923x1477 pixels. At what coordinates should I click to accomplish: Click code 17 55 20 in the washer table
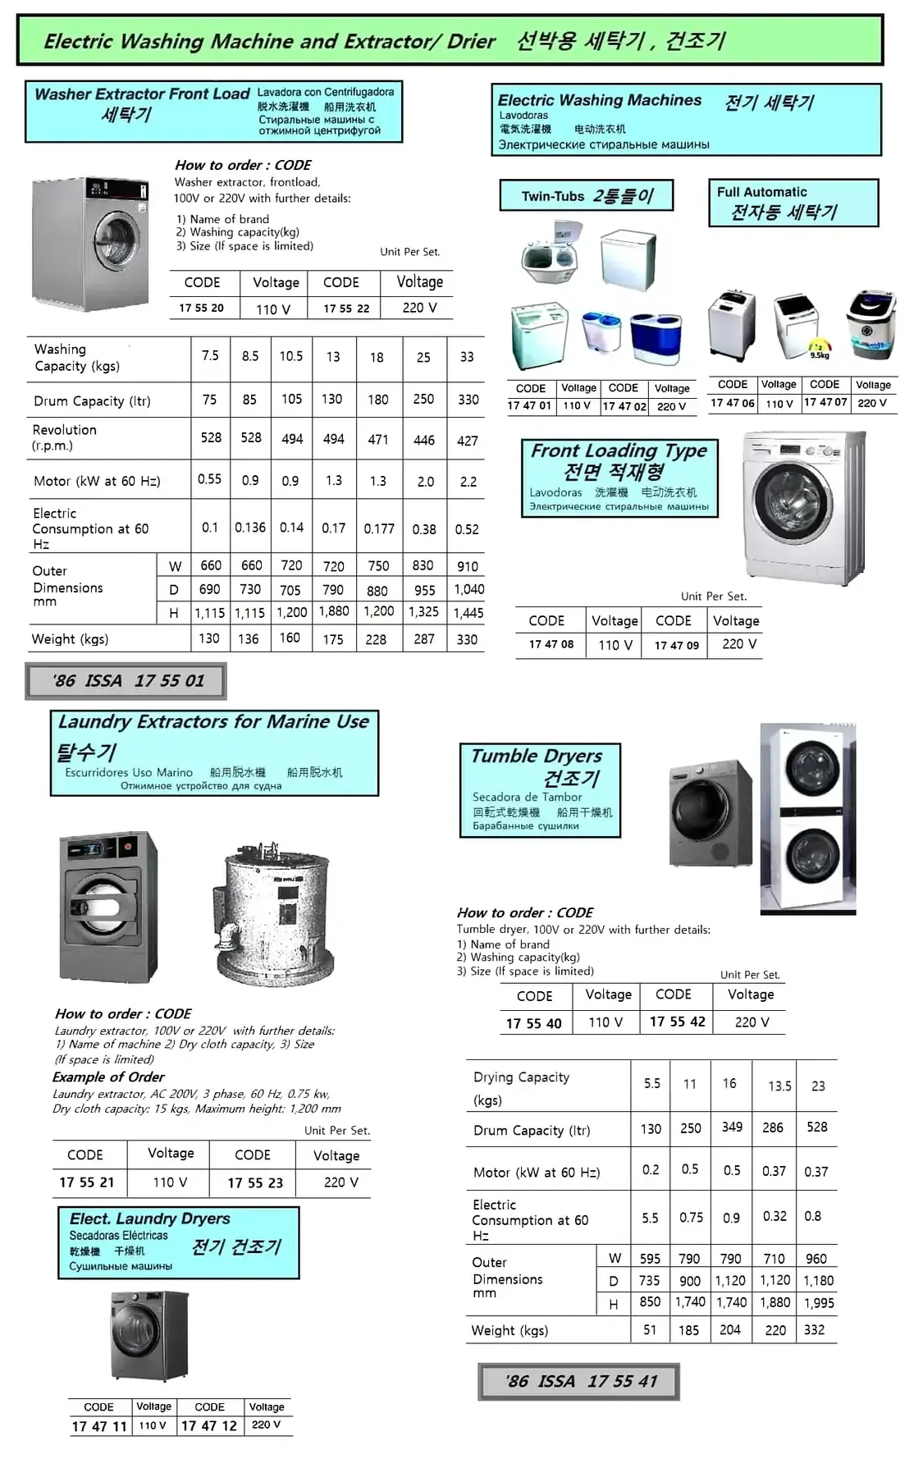(201, 308)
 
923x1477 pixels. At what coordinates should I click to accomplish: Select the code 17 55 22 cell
(346, 309)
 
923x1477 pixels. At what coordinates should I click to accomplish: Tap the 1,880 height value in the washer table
(333, 611)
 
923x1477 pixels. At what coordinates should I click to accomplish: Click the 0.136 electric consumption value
(250, 528)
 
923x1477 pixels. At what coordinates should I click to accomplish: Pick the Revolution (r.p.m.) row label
(65, 437)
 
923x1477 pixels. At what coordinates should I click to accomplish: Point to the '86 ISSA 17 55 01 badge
(126, 680)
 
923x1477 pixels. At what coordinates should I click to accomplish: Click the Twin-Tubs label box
(587, 196)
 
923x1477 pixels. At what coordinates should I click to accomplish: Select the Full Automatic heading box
(793, 203)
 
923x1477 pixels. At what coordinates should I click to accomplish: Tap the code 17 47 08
(551, 645)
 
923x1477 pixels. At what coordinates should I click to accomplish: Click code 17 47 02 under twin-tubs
(624, 406)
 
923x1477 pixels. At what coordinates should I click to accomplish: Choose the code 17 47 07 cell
(825, 402)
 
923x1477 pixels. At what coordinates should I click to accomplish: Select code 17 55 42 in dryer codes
(678, 1022)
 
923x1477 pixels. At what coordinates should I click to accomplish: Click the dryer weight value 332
(814, 1329)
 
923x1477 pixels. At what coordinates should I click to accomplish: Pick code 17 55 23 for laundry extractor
(255, 1182)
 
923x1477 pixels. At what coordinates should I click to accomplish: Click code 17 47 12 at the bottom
(209, 1426)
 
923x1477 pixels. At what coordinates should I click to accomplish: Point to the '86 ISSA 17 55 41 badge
(579, 1382)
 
